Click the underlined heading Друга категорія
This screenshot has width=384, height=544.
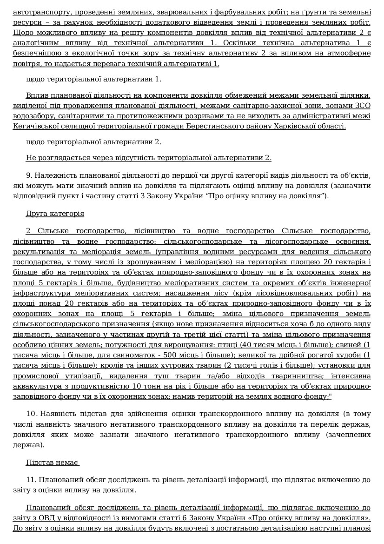click(x=55, y=214)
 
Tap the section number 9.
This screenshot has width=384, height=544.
click(x=29, y=175)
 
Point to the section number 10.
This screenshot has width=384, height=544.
click(x=31, y=414)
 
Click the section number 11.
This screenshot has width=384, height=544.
click(x=31, y=479)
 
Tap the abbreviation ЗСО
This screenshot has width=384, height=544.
click(x=362, y=106)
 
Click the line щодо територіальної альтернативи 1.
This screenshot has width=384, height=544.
click(x=93, y=79)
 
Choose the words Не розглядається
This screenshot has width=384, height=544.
click(x=57, y=158)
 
